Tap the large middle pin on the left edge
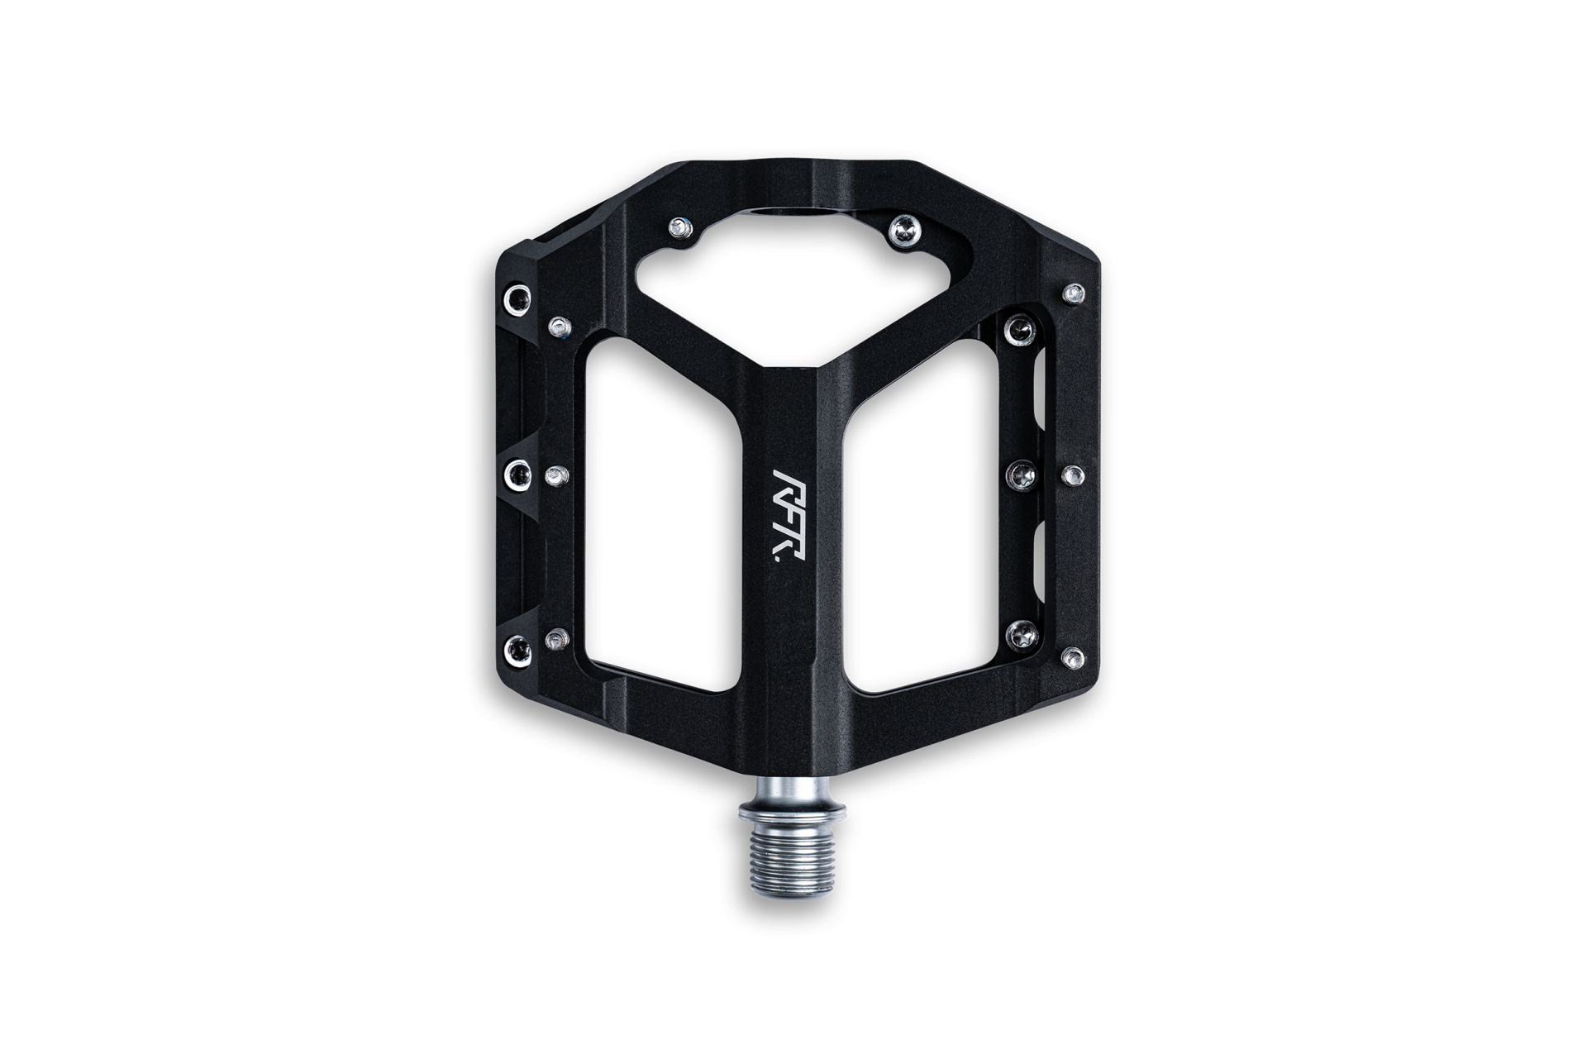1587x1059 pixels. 520,474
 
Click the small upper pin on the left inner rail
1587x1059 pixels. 560,327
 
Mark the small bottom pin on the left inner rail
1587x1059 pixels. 557,638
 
